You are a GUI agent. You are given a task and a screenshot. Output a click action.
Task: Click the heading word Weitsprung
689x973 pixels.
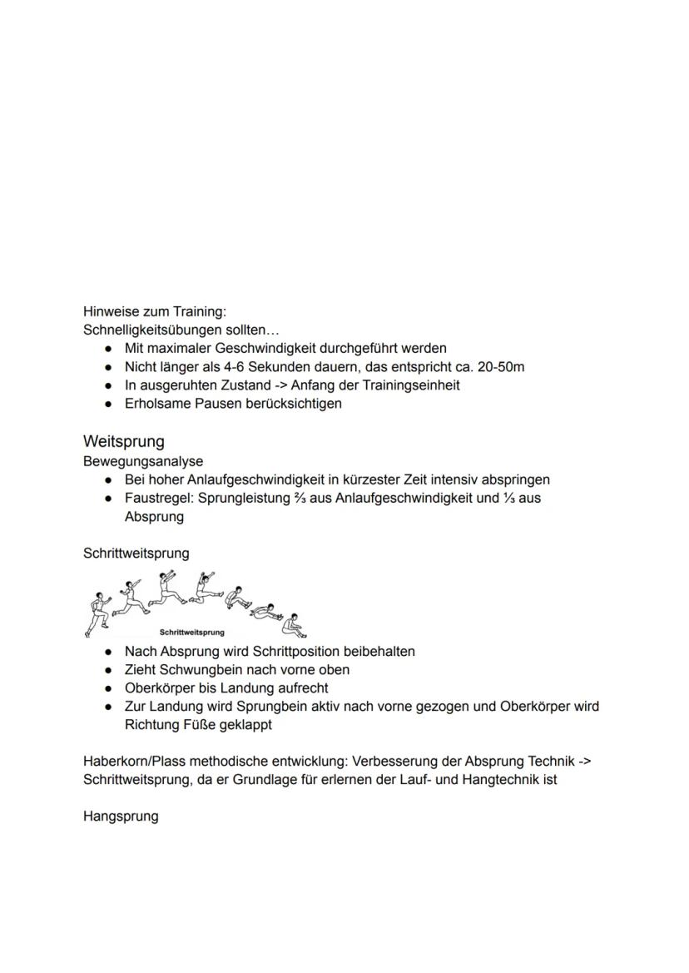click(x=124, y=441)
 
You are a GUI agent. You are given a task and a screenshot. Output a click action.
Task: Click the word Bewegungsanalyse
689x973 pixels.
click(x=143, y=461)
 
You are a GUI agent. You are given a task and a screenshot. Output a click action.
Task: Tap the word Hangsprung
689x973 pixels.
click(x=121, y=817)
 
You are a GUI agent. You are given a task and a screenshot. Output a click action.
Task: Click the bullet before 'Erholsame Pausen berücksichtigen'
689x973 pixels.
click(x=108, y=405)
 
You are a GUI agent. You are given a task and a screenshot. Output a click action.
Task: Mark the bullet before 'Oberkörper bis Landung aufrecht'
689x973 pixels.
click(x=108, y=689)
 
